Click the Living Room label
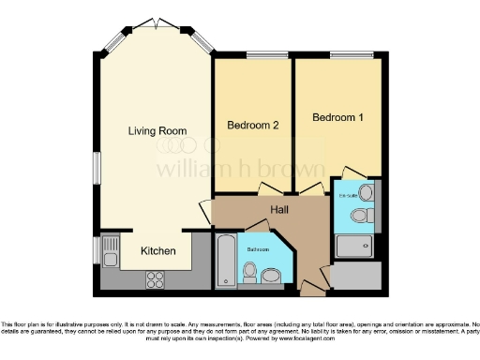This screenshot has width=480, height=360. click(x=157, y=131)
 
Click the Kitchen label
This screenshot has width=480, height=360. click(x=157, y=251)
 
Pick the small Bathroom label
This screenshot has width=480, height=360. click(x=259, y=250)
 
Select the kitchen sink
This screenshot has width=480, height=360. click(x=110, y=255)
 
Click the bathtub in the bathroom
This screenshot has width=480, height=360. click(x=227, y=262)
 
